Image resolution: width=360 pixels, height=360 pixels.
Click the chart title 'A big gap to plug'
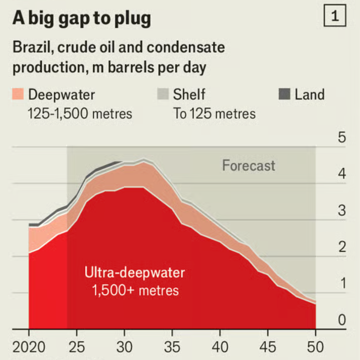point(82,19)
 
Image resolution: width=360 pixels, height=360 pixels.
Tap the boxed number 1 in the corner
point(335,17)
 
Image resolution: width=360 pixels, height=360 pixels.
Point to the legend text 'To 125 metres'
point(214,114)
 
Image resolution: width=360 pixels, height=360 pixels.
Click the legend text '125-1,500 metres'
point(80,114)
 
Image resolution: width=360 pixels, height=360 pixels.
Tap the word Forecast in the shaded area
point(249,166)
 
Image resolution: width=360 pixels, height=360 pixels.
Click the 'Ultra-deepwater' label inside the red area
point(134,273)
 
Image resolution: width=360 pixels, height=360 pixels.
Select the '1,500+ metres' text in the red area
point(135,290)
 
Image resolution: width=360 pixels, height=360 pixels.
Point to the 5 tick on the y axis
point(341,138)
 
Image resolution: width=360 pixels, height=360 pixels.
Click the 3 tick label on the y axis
point(341,211)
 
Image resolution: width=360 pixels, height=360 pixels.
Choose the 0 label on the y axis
point(341,320)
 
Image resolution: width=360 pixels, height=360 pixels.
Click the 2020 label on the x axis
point(29,347)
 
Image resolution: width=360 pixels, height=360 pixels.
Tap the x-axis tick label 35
point(172,347)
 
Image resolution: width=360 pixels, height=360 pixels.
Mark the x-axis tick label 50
point(316,347)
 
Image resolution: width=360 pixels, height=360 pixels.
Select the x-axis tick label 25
point(77,347)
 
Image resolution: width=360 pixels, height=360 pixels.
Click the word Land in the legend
point(309,95)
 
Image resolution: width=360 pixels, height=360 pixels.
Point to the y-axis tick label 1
point(341,284)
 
